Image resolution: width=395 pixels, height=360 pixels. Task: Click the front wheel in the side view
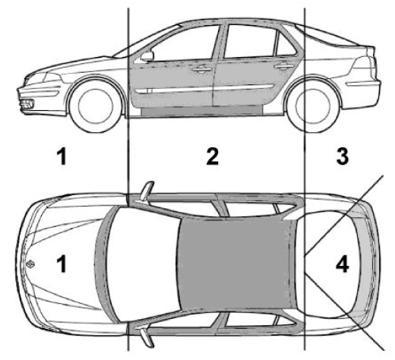(x=96, y=106)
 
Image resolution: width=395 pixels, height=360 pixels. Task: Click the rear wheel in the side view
(x=314, y=106)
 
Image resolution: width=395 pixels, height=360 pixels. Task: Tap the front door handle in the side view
(x=202, y=68)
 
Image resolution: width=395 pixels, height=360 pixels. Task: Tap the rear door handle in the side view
(x=283, y=66)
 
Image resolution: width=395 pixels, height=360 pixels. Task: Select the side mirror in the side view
(x=147, y=56)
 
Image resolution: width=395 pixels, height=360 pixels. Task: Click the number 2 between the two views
(x=212, y=156)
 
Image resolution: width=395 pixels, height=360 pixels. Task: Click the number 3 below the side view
(x=342, y=156)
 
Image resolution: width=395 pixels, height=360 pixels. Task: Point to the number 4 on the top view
(x=342, y=264)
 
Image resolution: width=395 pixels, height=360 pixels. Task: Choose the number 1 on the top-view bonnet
(x=62, y=264)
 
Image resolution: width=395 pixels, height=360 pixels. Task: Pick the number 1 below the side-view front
(x=62, y=156)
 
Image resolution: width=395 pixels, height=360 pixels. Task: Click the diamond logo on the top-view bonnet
(x=30, y=264)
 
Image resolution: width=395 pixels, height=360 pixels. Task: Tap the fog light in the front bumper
(x=27, y=104)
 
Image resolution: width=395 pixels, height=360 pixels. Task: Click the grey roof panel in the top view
(x=234, y=264)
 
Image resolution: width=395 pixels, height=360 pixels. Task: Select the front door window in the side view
(x=185, y=43)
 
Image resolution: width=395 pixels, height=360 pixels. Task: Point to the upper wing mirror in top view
(x=147, y=191)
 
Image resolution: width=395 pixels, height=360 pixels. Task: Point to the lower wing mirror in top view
(x=147, y=337)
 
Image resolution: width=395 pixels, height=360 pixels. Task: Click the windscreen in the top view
(x=142, y=264)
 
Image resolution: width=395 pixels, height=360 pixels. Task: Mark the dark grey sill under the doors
(x=202, y=111)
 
